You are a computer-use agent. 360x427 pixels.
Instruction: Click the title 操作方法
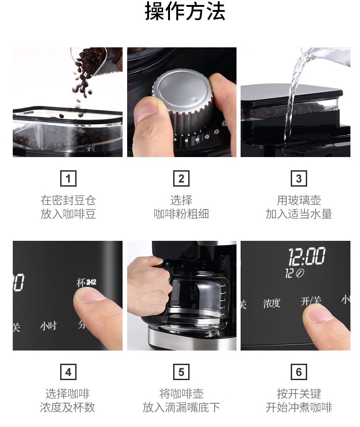tap(185, 11)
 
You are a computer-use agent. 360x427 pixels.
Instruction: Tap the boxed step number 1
tap(68, 178)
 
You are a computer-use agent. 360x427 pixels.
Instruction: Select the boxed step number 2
tap(181, 178)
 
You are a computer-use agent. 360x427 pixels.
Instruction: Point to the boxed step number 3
tap(298, 178)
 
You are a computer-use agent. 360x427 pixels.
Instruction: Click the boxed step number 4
tap(68, 372)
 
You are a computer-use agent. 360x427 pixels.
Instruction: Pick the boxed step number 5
tap(181, 372)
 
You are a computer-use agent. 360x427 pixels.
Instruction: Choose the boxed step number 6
tap(298, 372)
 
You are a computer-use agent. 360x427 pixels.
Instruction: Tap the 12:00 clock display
tap(307, 256)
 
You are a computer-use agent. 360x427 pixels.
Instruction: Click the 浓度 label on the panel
tap(272, 303)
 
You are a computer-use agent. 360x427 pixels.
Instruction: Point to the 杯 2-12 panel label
tap(86, 283)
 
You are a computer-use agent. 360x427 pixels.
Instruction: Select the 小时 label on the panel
tap(48, 325)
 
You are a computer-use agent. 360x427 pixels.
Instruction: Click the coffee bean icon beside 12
tap(300, 273)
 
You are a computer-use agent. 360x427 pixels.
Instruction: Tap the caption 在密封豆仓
tap(68, 200)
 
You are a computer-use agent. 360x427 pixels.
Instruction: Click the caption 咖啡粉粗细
tap(181, 214)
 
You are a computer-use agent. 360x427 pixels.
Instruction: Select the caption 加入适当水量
tap(298, 214)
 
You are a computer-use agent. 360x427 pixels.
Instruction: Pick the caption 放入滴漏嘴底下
tap(181, 407)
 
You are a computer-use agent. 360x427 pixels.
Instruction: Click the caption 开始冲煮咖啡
tap(298, 407)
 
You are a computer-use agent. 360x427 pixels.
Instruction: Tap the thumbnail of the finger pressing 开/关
tap(295, 295)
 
